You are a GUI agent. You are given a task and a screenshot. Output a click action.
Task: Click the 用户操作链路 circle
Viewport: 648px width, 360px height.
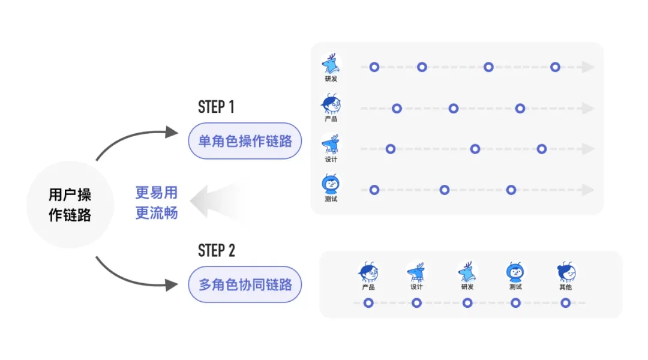pyautogui.click(x=70, y=205)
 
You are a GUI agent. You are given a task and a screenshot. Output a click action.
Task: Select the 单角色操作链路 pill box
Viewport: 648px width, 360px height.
pyautogui.click(x=245, y=141)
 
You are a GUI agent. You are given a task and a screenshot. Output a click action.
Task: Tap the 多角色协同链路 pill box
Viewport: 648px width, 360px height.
pyautogui.click(x=245, y=284)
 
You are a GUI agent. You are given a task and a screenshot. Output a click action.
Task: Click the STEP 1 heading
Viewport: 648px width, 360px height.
pyautogui.click(x=216, y=107)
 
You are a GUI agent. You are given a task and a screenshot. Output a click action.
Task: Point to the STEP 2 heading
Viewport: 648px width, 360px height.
pyautogui.click(x=216, y=250)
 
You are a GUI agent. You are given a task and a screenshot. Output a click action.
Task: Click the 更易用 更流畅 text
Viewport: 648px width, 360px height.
pyautogui.click(x=157, y=202)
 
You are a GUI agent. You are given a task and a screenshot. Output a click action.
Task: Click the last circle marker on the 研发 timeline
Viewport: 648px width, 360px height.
pyautogui.click(x=555, y=67)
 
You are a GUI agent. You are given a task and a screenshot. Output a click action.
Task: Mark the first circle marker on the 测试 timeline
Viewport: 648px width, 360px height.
pyautogui.click(x=374, y=190)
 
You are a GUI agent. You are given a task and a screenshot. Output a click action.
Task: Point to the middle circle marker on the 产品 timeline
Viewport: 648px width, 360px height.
pyautogui.click(x=454, y=109)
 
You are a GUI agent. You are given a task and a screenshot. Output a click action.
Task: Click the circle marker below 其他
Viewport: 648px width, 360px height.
pyautogui.click(x=565, y=303)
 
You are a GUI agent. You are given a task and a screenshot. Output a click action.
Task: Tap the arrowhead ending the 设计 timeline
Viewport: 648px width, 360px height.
pyautogui.click(x=587, y=149)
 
